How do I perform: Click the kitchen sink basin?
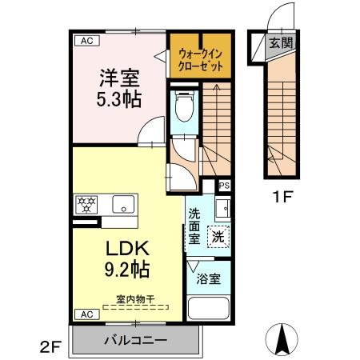[x=122, y=202]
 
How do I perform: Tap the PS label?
[x=224, y=185]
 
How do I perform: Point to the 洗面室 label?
[x=194, y=226]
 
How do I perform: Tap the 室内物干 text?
[x=135, y=298]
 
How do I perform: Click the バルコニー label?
[x=135, y=340]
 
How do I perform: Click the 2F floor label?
[x=51, y=346]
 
